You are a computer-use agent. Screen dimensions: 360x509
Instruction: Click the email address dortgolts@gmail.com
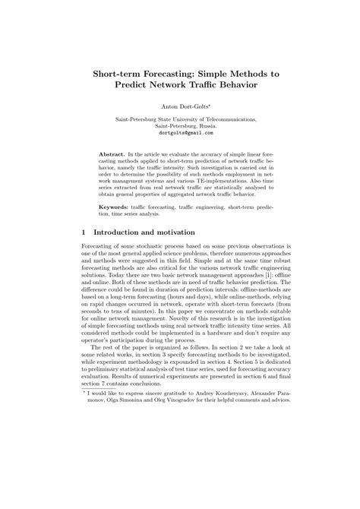pyautogui.click(x=180, y=132)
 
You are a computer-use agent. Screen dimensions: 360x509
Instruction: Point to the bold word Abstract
pyautogui.click(x=113, y=153)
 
